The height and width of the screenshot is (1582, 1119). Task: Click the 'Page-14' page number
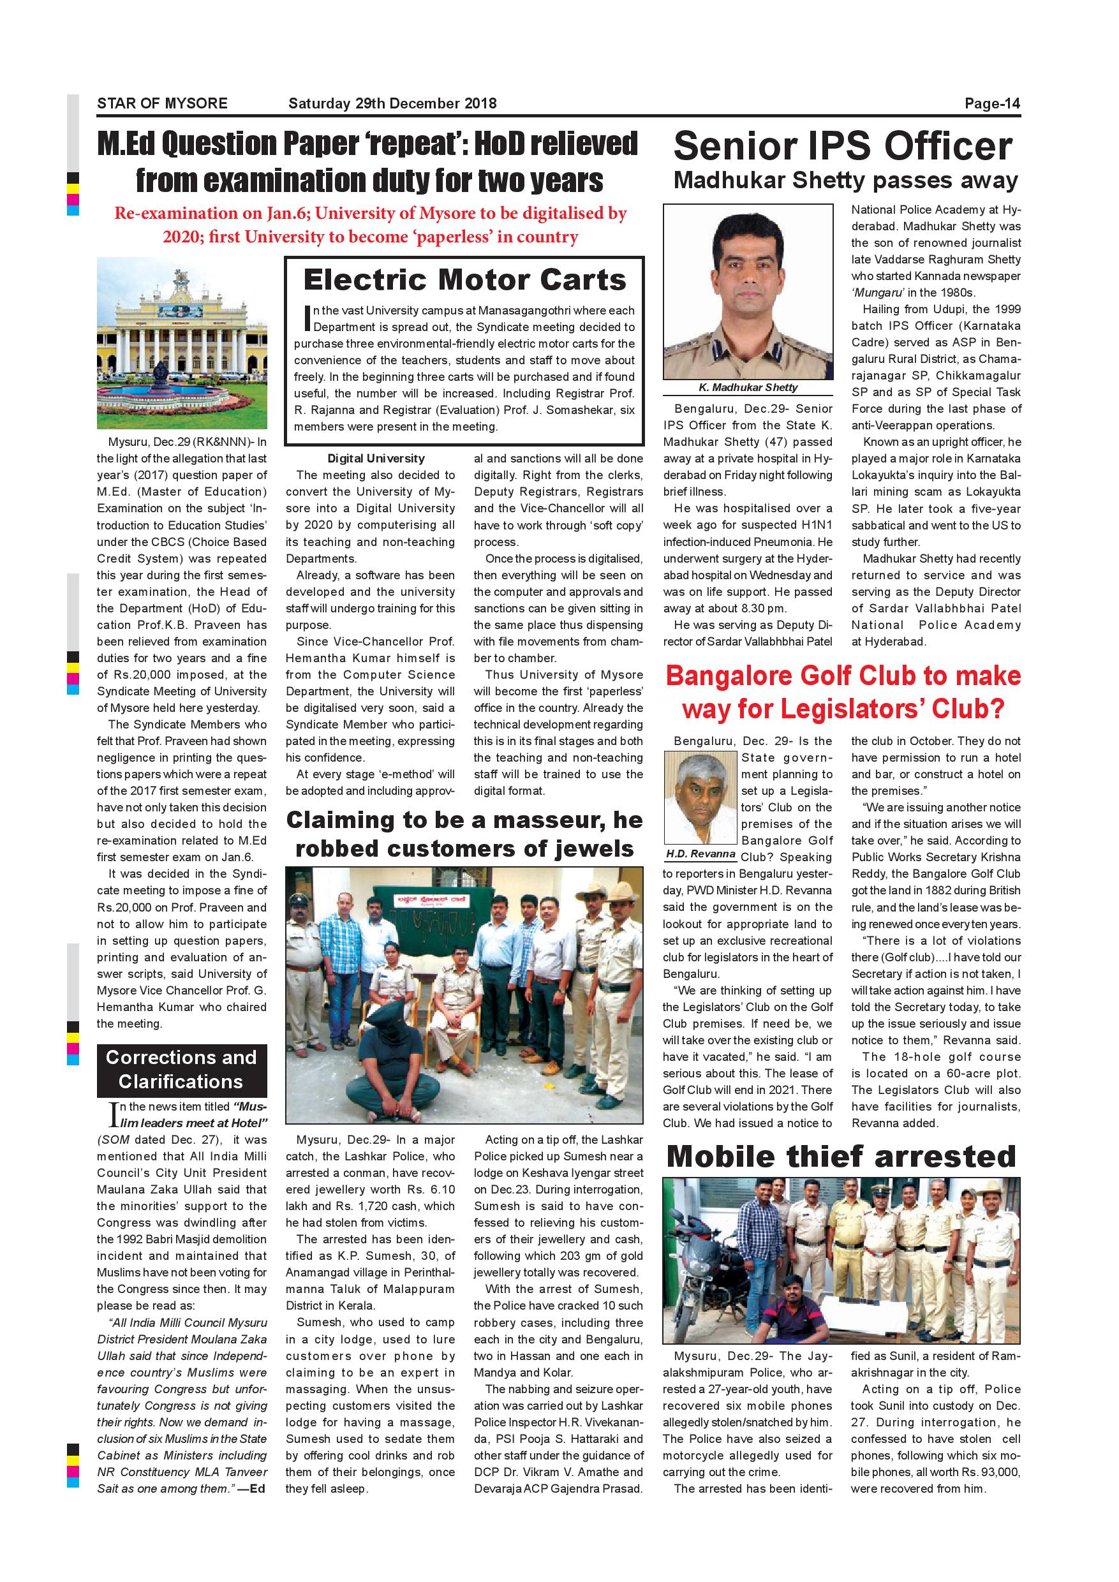(x=991, y=103)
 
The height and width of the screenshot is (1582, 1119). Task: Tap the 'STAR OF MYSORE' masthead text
(x=162, y=103)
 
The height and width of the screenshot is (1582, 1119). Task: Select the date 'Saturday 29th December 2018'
(x=392, y=103)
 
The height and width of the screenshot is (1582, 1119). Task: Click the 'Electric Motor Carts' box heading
(x=464, y=280)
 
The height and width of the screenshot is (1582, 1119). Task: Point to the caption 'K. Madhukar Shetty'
(x=748, y=387)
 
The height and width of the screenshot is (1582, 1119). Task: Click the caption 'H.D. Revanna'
(x=700, y=854)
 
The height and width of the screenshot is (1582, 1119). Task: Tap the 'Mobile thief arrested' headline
(x=841, y=1155)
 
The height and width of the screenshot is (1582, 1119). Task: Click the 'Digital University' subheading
(x=376, y=458)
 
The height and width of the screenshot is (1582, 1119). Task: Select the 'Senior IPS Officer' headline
(x=843, y=146)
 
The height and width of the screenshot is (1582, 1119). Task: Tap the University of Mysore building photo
(x=181, y=343)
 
